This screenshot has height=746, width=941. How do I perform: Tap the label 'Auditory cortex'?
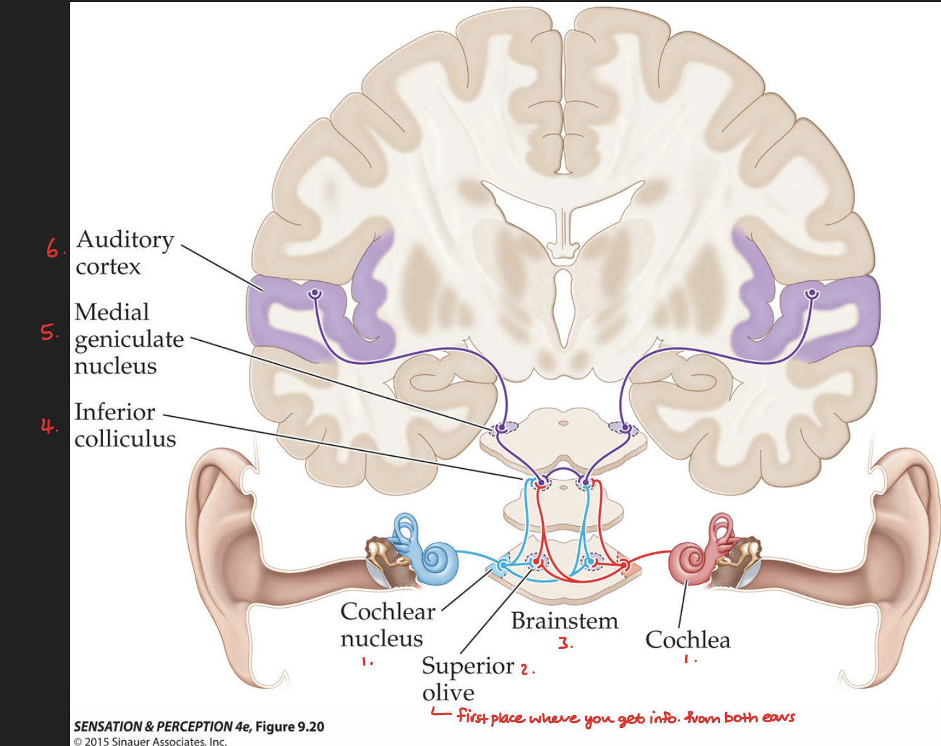(124, 252)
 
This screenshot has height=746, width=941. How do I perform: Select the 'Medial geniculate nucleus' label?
(129, 338)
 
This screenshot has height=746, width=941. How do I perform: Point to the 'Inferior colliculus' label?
(125, 424)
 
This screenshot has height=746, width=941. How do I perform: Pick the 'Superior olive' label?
(467, 679)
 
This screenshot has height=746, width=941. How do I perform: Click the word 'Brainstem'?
(564, 621)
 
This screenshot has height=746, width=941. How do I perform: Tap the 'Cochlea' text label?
(688, 640)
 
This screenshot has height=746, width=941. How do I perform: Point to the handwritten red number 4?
(48, 426)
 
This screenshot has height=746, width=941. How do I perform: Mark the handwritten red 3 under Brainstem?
(565, 642)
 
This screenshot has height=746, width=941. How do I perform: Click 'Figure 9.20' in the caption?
(289, 727)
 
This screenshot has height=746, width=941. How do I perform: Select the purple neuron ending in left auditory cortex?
(314, 294)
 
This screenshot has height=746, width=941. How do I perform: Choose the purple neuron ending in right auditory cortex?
(812, 294)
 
